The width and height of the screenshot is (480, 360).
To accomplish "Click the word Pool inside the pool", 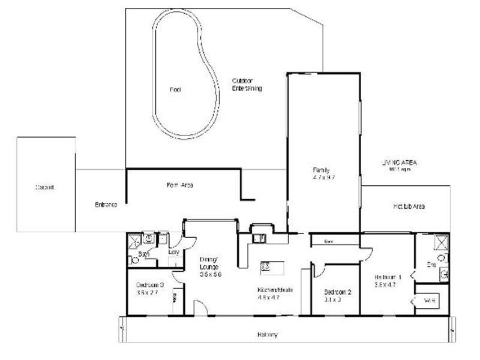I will point(175,90).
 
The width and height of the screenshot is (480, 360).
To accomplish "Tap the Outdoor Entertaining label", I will point(247,85).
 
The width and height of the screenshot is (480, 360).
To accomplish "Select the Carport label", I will point(44,187).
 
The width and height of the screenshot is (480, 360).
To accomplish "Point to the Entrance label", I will point(106,205).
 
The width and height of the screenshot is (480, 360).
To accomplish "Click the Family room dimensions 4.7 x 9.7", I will point(322,178).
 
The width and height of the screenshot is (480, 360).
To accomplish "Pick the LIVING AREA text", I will point(400,163).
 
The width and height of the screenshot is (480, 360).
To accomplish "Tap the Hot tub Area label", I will point(409,206).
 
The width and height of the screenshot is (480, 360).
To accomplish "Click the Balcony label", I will point(268,335).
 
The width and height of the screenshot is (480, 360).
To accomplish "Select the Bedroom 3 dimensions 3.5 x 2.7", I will point(147,293).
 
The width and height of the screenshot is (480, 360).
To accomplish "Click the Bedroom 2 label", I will point(337,292).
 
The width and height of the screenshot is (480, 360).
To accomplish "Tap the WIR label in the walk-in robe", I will point(429,299).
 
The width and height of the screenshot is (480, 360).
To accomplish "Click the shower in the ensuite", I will point(439,242).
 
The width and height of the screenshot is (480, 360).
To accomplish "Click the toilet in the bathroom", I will point(134,260).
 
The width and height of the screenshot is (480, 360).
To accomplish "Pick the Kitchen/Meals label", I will point(274,289).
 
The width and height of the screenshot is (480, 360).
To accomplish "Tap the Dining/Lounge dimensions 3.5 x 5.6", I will point(211,274).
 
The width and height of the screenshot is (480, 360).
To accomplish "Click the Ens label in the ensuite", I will point(430,264).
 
